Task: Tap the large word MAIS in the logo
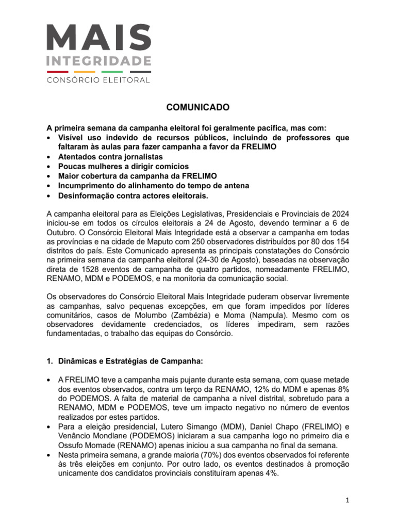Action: coord(99,38)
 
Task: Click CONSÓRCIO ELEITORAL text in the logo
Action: coord(99,80)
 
